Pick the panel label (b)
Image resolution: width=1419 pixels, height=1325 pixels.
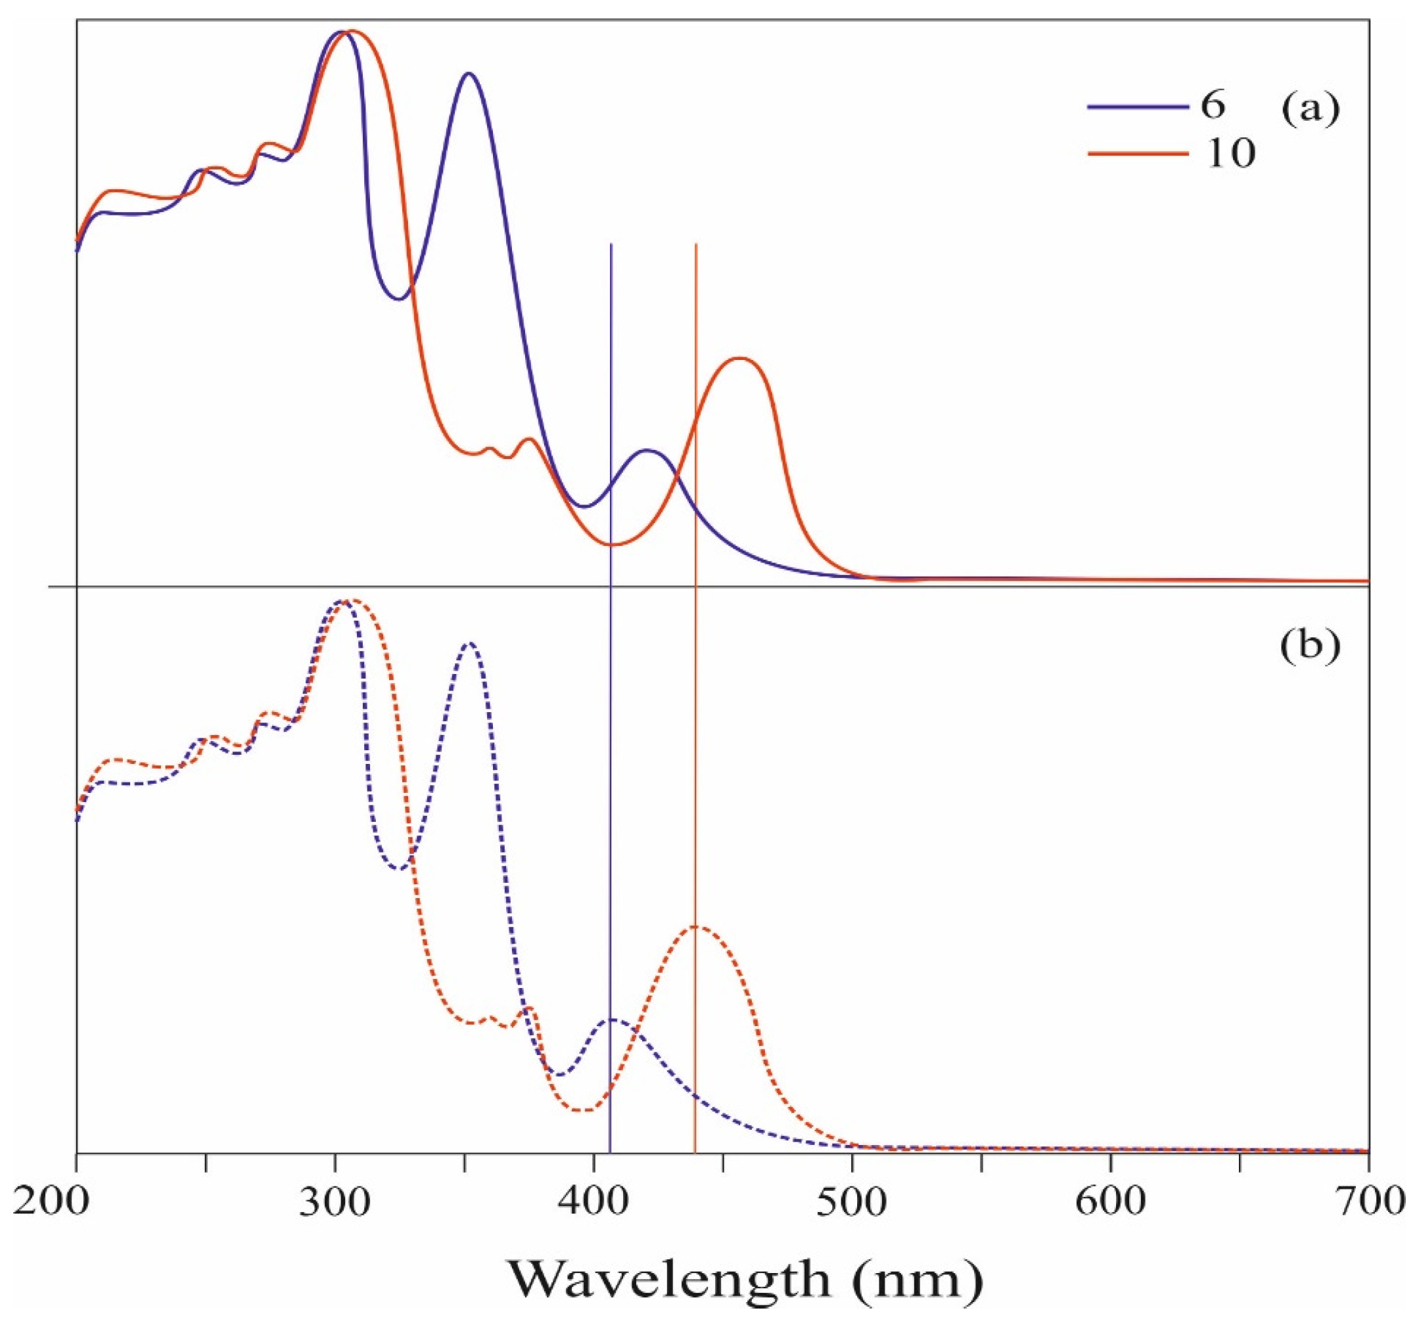(x=1311, y=645)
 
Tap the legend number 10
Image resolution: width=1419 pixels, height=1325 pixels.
(x=1230, y=154)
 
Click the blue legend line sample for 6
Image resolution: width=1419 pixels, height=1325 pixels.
(x=1138, y=108)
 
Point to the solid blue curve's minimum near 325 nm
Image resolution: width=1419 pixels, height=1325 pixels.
(x=398, y=299)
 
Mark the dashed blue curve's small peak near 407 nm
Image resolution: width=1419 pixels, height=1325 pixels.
(x=614, y=1020)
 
